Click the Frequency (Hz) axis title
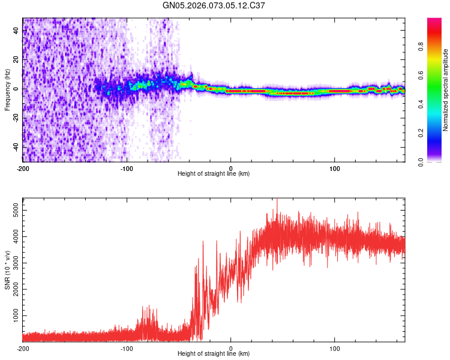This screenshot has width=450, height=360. [7, 91]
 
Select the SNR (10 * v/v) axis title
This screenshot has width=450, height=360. [7, 271]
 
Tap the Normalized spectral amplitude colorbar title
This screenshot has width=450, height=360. [445, 90]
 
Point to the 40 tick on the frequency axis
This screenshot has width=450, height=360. [16, 31]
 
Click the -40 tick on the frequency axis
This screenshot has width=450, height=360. [14, 147]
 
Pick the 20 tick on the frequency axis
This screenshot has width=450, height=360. [16, 60]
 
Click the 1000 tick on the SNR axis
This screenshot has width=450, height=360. [12, 316]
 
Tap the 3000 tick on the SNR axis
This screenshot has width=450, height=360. [12, 263]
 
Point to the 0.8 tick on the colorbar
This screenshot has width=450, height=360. [422, 46]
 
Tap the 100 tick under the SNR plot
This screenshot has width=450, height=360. [334, 347]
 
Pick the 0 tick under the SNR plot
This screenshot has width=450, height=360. [231, 347]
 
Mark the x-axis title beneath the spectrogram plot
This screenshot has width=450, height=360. [214, 173]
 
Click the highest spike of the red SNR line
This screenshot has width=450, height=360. [277, 200]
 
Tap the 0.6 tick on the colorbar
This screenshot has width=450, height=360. [422, 75]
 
